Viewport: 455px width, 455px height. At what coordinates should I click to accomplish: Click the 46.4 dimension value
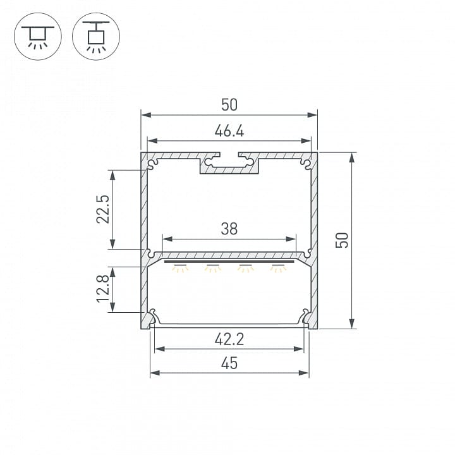point(229,131)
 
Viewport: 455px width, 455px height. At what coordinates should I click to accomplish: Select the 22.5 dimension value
point(103,209)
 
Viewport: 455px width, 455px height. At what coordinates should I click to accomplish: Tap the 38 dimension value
point(229,229)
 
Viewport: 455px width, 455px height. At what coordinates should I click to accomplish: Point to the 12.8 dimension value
point(103,289)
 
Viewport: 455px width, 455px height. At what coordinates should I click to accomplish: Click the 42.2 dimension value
point(229,339)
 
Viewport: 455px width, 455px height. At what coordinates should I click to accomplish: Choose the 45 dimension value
point(229,363)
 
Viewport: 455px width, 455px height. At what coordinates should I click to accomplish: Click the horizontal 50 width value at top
point(229,105)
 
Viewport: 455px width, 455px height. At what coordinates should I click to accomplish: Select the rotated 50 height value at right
point(342,240)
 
